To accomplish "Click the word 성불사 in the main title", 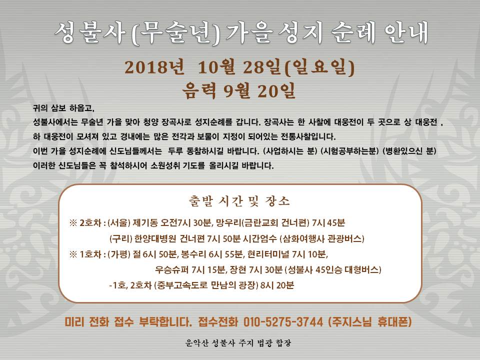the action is [89, 32].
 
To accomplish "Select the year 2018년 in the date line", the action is [154, 67].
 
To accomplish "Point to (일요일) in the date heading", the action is [319, 67].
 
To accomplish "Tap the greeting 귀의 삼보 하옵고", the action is [63, 108].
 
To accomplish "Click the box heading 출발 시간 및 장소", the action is [239, 201].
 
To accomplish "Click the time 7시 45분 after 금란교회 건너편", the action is [328, 223].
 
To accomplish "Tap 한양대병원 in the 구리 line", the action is [155, 238].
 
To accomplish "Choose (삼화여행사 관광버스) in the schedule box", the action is [321, 238].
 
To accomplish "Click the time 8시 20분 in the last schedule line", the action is [277, 285].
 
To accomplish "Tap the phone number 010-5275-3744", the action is [283, 321].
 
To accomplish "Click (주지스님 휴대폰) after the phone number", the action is [370, 321].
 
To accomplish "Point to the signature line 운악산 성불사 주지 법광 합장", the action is [238, 343].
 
